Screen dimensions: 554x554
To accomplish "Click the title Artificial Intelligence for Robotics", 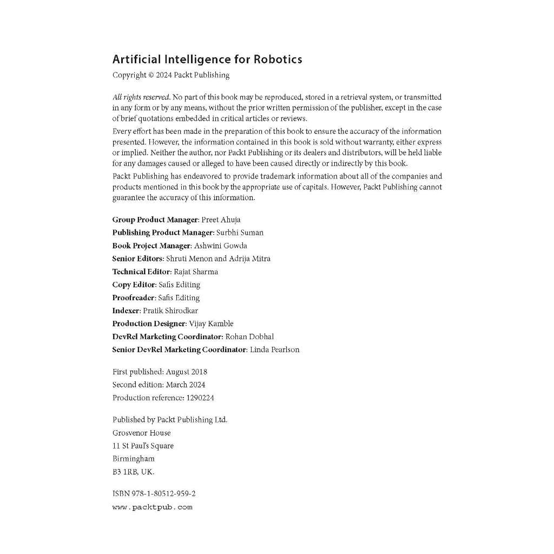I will coord(207,60).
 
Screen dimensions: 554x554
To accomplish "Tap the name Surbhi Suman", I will coord(240,233).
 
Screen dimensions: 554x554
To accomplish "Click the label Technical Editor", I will coord(141,272).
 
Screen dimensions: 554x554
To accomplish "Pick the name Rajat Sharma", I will coord(196,272).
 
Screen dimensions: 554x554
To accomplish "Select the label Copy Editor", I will coord(134,285).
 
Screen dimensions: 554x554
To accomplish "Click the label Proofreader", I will coord(134,298).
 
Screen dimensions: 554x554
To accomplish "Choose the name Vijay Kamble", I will coord(211,324).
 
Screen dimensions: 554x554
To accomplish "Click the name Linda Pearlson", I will coord(274,349).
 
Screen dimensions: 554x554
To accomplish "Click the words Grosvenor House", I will coord(141,433).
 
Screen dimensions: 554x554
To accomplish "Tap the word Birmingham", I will coord(133,459).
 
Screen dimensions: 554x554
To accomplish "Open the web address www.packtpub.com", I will coord(152,507).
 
